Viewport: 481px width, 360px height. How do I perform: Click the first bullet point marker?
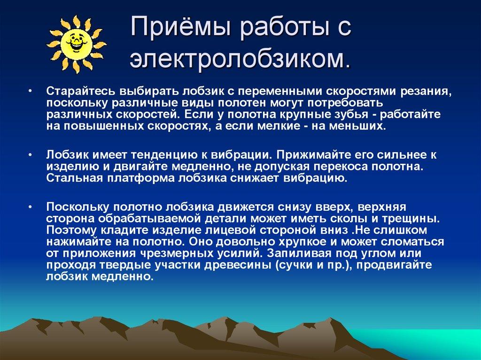[x=30, y=91]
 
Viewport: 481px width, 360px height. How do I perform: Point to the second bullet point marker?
[x=30, y=154]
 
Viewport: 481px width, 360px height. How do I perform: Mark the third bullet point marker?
[x=30, y=207]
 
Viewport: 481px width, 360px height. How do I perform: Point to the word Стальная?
[x=74, y=178]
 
